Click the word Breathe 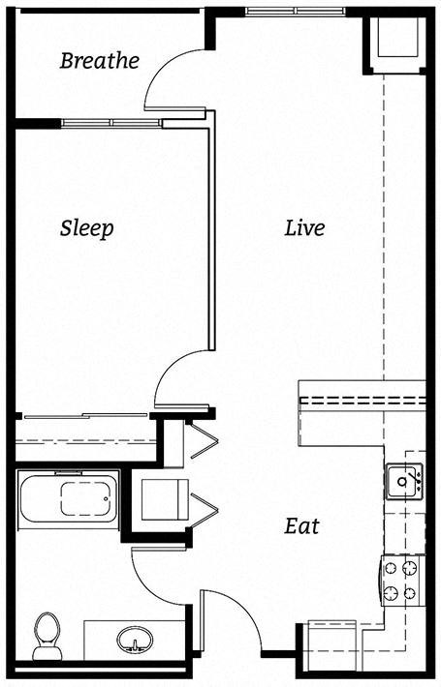pos(99,61)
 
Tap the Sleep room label pos(87,228)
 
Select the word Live pos(304,228)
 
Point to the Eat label pos(301,527)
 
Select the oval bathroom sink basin pos(135,640)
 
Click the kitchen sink pos(403,480)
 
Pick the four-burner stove pos(402,581)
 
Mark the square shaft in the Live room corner pos(394,43)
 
